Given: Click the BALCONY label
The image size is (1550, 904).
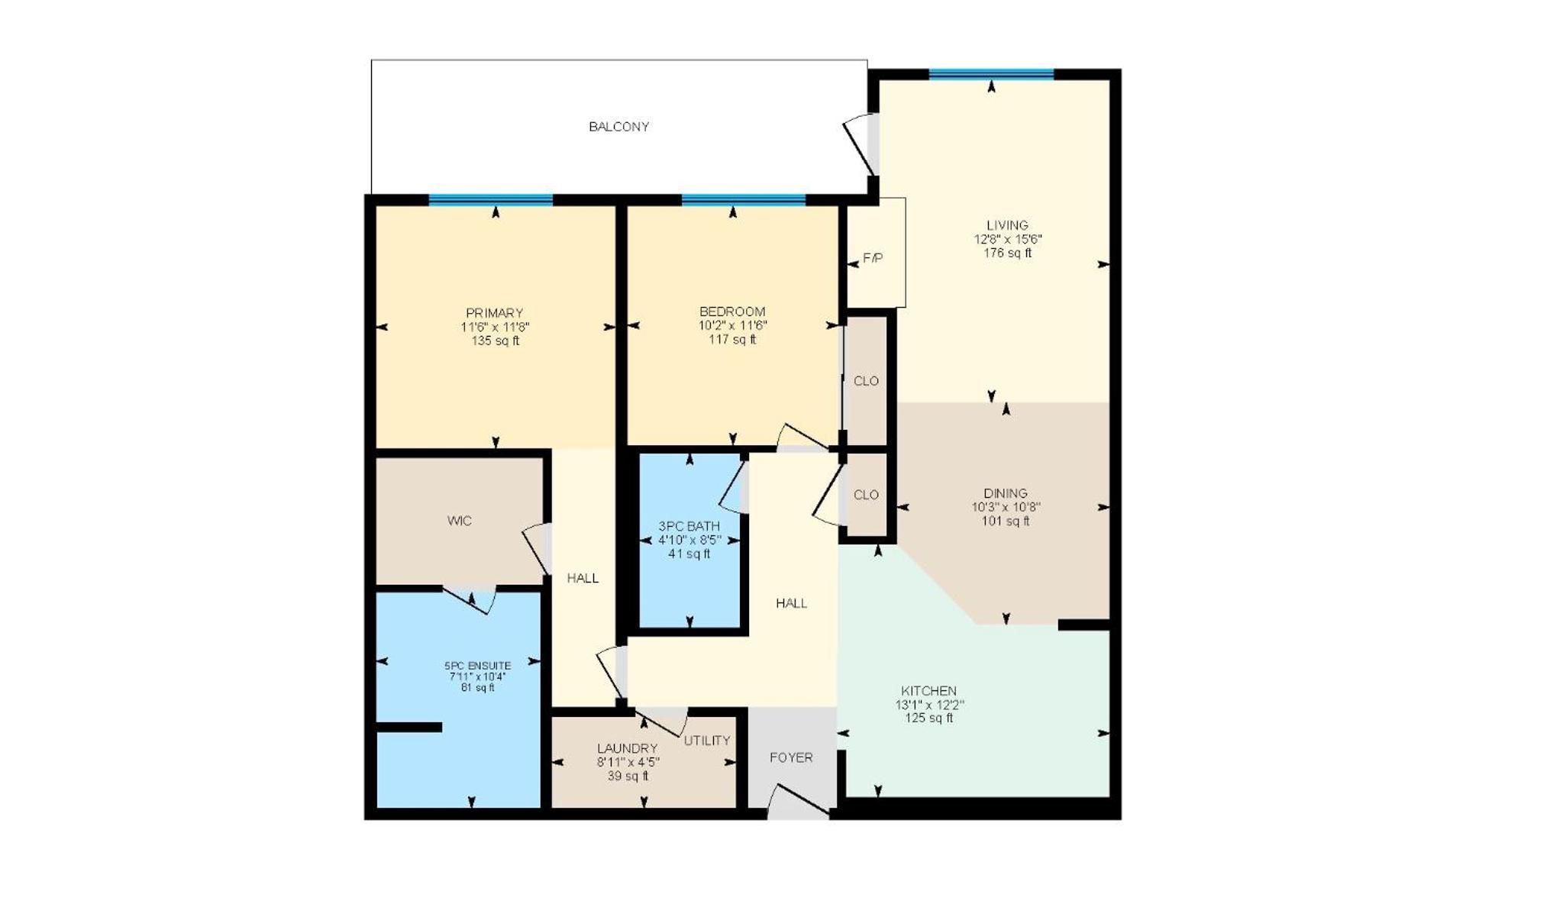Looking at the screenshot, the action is click(x=618, y=127).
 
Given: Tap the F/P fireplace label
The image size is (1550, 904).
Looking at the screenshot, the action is click(x=873, y=259).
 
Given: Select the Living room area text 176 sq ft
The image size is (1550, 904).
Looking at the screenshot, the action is click(x=1007, y=253).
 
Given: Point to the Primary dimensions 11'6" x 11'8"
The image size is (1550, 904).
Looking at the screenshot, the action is click(x=495, y=327).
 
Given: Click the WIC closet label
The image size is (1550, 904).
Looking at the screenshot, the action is click(x=460, y=521).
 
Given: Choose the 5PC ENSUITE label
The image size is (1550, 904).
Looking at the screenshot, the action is click(x=478, y=666).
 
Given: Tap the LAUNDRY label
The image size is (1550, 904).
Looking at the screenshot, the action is click(x=628, y=748).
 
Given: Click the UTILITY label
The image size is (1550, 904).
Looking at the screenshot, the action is click(x=707, y=741).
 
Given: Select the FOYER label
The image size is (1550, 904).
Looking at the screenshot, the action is click(x=791, y=757).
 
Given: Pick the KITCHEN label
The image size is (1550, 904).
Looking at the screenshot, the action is click(x=928, y=691).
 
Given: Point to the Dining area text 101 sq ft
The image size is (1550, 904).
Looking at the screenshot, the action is click(x=1006, y=521).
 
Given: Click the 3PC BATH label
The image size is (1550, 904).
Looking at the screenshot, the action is click(x=689, y=526).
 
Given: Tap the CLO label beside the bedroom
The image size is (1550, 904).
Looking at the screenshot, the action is click(x=866, y=381).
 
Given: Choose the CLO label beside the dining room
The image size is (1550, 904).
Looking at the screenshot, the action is click(x=866, y=495).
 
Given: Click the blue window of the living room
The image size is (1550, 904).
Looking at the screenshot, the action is click(x=991, y=74).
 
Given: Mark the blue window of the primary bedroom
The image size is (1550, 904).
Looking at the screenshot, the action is click(x=490, y=200).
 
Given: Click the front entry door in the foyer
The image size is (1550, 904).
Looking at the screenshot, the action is click(x=798, y=801).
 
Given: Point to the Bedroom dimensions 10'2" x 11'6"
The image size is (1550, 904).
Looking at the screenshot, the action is click(x=733, y=325).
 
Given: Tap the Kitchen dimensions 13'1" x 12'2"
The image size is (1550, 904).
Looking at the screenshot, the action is click(x=929, y=705).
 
